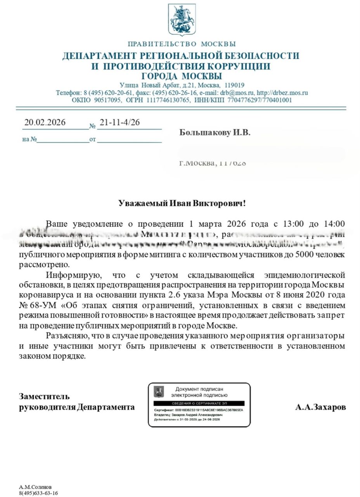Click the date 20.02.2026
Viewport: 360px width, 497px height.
pos(45,122)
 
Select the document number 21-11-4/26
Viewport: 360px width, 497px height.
pos(119,122)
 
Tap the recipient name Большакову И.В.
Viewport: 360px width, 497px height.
pos(215,133)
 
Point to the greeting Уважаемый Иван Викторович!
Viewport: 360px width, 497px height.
pos(182,203)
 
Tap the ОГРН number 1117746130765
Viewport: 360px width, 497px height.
pos(168,100)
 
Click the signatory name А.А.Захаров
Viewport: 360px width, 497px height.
pos(320,407)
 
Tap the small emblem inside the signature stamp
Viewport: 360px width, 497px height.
pos(159,391)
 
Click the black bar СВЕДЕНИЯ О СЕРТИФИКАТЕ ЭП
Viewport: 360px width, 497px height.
pos(199,403)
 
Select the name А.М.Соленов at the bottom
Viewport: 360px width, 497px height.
pos(35,487)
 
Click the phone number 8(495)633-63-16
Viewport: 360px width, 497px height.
pos(38,493)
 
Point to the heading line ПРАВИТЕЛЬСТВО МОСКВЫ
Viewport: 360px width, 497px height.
pos(182,44)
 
